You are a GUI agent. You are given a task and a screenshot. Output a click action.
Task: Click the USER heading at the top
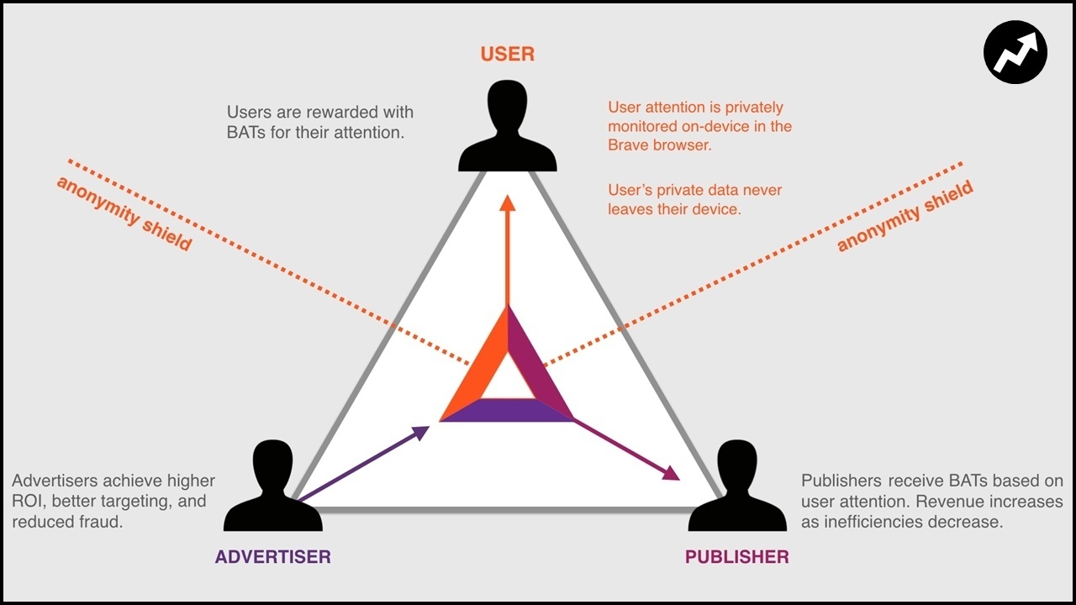pyautogui.click(x=507, y=55)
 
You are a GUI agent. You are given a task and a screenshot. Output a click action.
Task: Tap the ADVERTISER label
pyautogui.click(x=272, y=556)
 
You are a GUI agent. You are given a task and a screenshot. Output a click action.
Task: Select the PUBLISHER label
pyautogui.click(x=736, y=556)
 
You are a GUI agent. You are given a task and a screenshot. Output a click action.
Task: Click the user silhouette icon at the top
pyautogui.click(x=507, y=126)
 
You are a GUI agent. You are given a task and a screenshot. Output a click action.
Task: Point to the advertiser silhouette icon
pyautogui.click(x=272, y=487)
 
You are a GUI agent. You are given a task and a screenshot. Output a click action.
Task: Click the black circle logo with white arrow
pyautogui.click(x=1015, y=52)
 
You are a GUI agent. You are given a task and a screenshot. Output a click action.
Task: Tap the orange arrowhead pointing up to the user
pyautogui.click(x=507, y=203)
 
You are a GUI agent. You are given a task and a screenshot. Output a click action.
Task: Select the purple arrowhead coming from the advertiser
pyautogui.click(x=420, y=431)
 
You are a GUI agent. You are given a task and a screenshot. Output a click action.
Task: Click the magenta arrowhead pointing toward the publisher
pyautogui.click(x=671, y=474)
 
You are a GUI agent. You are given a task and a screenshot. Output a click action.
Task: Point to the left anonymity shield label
pyautogui.click(x=124, y=213)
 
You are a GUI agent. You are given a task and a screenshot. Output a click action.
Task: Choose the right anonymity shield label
pyautogui.click(x=905, y=216)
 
